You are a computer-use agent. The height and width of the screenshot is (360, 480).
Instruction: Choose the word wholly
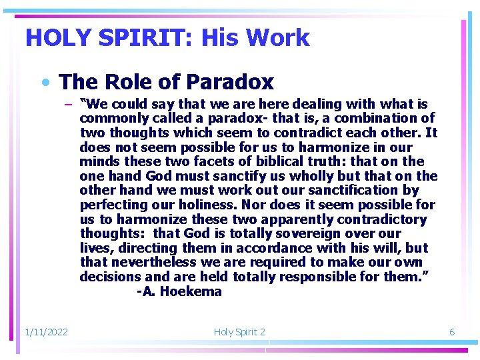tap(294, 176)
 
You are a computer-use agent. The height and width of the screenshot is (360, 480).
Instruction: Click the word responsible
tap(338, 277)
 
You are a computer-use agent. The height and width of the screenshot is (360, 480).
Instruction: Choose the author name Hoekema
tap(191, 291)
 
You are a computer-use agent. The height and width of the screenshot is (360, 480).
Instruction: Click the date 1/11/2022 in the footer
tap(46, 331)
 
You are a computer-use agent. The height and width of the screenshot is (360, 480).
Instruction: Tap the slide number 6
tap(451, 331)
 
